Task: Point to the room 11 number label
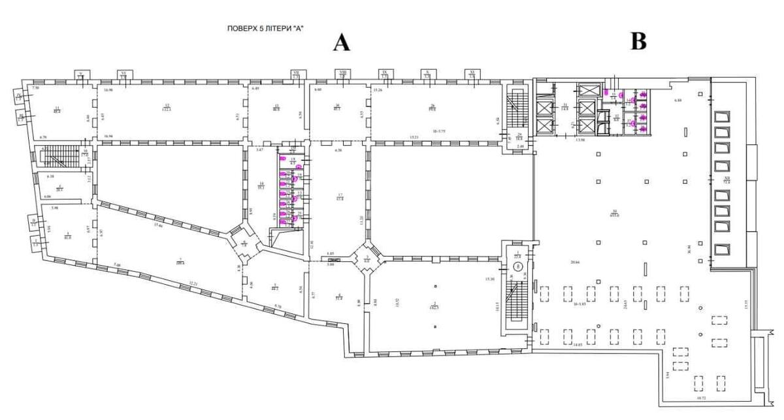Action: click(x=57, y=109)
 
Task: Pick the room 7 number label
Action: click(x=179, y=260)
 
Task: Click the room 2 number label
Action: click(x=434, y=304)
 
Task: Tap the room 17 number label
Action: click(x=340, y=197)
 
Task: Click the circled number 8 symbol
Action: click(x=517, y=267)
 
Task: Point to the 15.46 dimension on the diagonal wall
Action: click(x=157, y=226)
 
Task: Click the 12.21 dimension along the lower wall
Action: click(x=193, y=283)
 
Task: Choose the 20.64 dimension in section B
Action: click(x=575, y=261)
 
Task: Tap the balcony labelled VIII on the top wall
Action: click(x=343, y=74)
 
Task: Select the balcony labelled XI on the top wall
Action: click(x=472, y=74)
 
